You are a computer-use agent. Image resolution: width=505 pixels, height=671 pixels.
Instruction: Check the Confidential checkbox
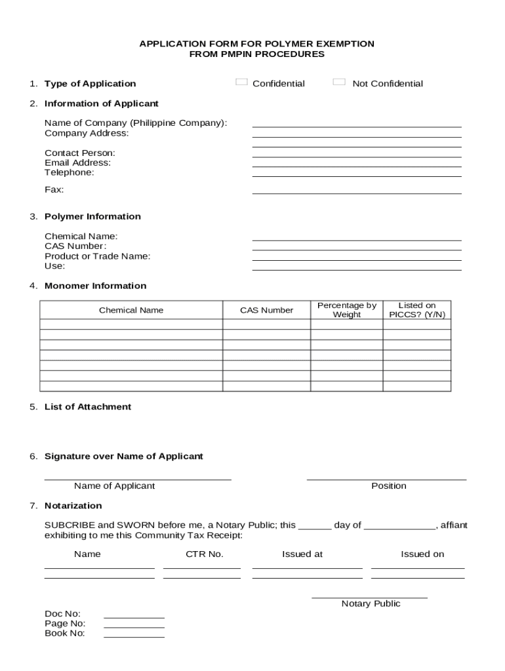pos(241,83)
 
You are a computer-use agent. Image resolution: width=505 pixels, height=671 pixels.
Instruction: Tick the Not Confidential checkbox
pos(338,83)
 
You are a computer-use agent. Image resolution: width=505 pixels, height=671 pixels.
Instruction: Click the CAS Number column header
pos(266,310)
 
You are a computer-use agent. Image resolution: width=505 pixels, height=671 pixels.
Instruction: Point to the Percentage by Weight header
pos(346,310)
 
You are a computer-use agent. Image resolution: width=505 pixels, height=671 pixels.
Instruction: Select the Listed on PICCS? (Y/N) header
pos(416,310)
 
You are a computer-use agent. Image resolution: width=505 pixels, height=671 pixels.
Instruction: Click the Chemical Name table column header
pos(131,310)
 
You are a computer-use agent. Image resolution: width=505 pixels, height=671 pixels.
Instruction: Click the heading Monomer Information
pos(95,286)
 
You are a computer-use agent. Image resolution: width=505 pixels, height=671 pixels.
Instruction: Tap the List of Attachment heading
pos(87,407)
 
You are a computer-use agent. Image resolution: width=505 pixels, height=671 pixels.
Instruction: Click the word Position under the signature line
pos(388,486)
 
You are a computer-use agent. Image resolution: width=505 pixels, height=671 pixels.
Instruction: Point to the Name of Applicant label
pos(114,486)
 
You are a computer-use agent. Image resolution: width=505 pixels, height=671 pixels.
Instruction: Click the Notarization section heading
pos(73,506)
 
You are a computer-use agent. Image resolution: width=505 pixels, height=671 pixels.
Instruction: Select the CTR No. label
pos(205,554)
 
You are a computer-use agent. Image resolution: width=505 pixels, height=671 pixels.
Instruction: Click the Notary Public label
pos(371,604)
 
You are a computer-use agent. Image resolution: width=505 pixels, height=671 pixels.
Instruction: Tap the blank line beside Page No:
pos(134,626)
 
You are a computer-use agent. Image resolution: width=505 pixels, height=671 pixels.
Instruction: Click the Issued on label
pos(422,554)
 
